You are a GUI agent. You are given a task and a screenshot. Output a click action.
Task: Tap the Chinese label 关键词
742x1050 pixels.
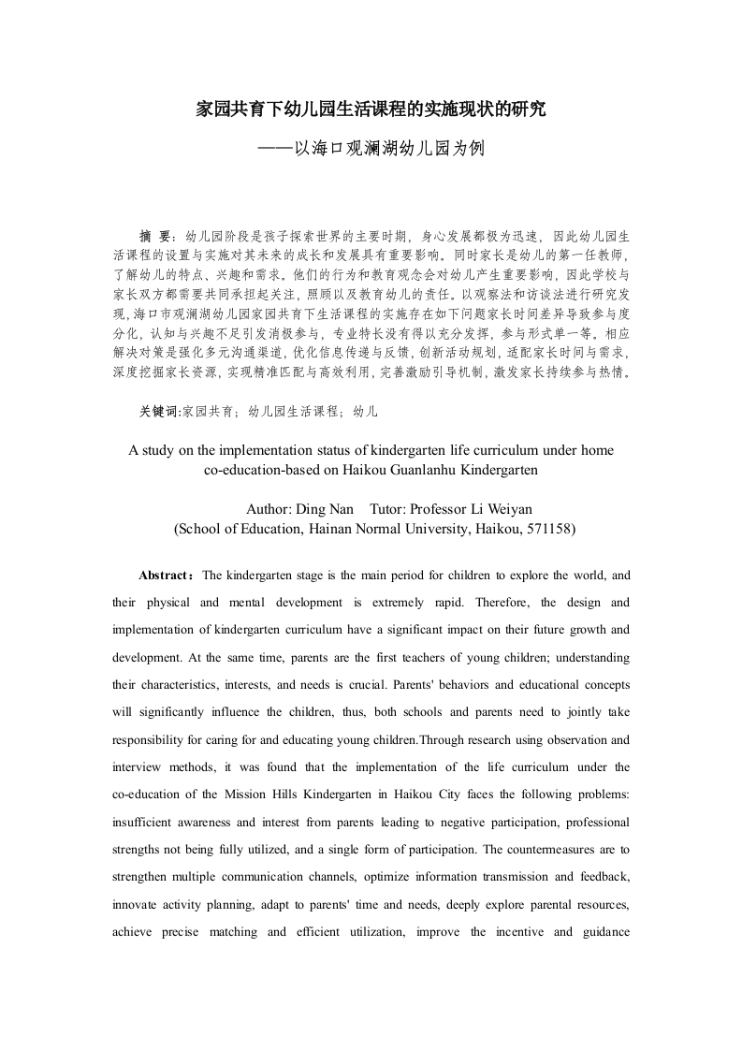(x=159, y=411)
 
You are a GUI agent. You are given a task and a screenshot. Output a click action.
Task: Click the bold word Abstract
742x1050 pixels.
(x=163, y=575)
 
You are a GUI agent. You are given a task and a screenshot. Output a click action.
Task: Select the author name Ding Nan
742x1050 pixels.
(x=326, y=509)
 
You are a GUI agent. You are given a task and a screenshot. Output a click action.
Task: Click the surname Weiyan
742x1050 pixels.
(x=506, y=509)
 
